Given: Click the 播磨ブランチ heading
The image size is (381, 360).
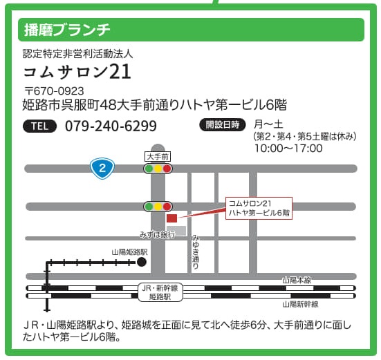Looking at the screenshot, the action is point(67,30).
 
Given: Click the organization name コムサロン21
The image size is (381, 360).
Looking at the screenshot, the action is point(77,72).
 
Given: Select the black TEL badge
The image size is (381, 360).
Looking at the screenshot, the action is point(41,126).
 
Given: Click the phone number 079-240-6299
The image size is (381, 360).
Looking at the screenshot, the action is point(111,126).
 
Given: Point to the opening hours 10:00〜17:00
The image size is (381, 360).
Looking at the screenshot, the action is point(288,148).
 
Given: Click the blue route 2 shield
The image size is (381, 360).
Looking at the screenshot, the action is point(102,167).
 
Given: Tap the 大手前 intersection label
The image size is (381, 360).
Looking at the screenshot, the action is point(157,156).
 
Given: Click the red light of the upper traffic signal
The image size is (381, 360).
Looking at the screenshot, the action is point(167,168).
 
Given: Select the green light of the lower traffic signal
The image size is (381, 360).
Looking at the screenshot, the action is point(149,206).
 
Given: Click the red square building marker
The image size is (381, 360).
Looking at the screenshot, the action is point(172,218).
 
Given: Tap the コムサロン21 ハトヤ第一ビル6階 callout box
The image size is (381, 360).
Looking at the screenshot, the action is point(259,208).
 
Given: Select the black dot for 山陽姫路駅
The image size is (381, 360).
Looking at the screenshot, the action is point(142,262).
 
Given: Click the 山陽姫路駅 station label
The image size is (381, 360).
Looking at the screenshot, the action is point(129,252).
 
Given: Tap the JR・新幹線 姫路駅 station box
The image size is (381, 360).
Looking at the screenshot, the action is point(160,292).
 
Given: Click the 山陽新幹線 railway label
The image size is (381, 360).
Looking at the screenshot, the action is point(300,303).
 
